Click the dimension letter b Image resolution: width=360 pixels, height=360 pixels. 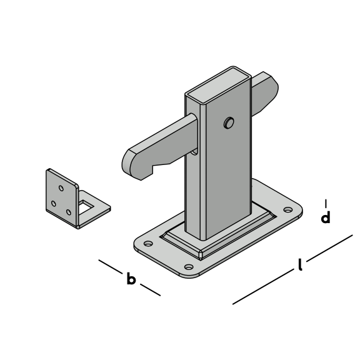(x=131, y=279)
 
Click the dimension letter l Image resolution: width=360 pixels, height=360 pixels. (x=300, y=264)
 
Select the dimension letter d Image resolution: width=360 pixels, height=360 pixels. (x=326, y=217)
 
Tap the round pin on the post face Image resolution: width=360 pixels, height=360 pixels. (x=229, y=123)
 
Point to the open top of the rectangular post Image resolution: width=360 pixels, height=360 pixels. (x=218, y=84)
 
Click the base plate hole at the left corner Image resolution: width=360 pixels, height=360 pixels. (x=148, y=243)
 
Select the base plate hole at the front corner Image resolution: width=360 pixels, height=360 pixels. (x=189, y=267)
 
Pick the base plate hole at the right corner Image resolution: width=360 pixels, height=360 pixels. (x=288, y=209)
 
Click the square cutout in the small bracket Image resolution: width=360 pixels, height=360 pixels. (x=86, y=207)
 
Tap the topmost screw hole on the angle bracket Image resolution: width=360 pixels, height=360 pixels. (x=61, y=188)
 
